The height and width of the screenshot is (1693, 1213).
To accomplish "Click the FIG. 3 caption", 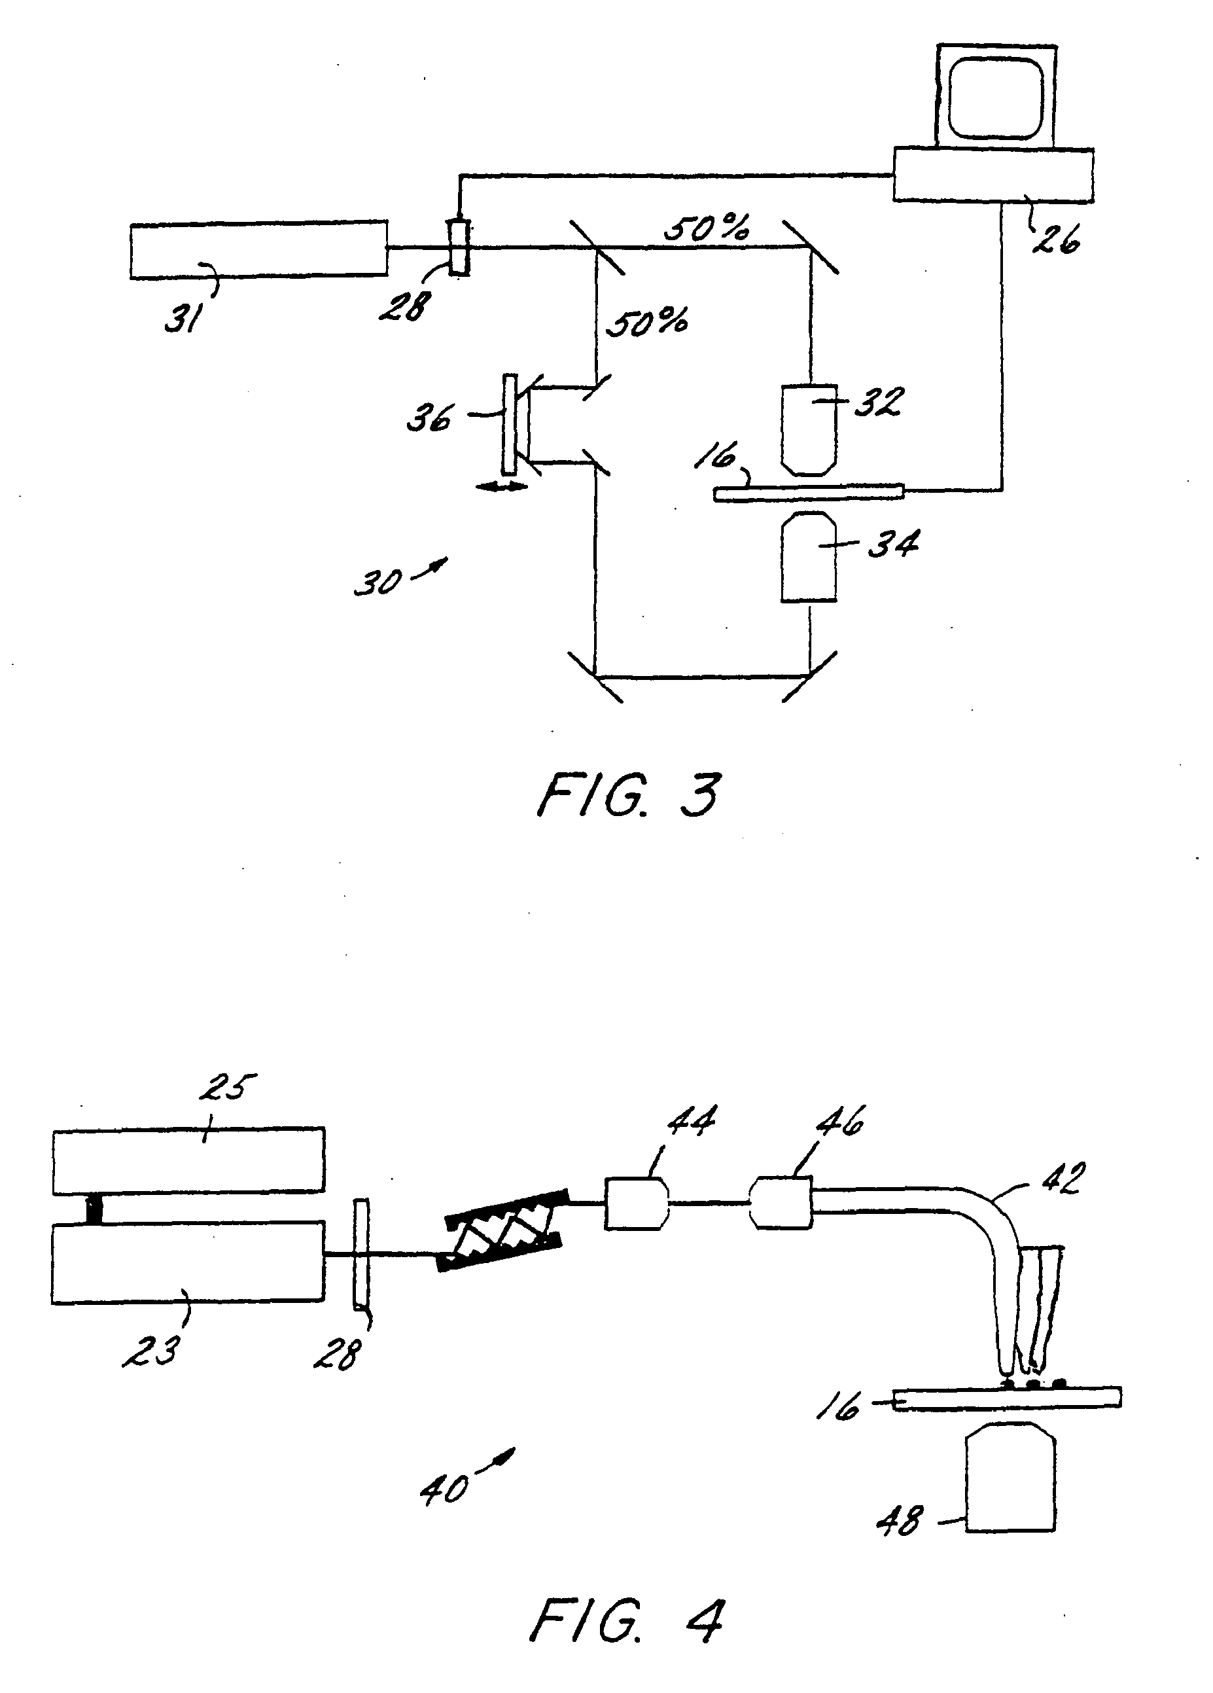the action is click(x=629, y=795).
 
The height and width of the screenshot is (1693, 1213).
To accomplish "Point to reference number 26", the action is click(x=1056, y=239).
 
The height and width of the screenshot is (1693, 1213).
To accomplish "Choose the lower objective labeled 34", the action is click(x=809, y=556).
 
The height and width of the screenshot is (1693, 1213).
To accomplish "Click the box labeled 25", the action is click(x=188, y=1160).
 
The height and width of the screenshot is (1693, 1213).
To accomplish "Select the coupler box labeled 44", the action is click(x=636, y=1203).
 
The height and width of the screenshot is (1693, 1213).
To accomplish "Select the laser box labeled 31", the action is click(x=258, y=249).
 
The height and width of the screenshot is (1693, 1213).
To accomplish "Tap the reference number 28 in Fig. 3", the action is click(x=404, y=306).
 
